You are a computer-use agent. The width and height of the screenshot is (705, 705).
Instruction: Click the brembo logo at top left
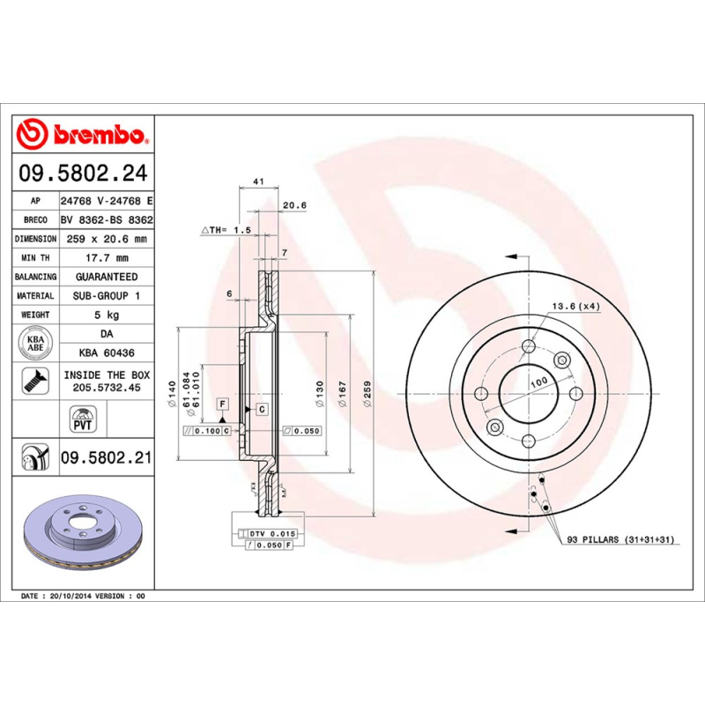tap(84, 135)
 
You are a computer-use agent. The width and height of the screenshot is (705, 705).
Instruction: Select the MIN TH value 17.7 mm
tap(107, 257)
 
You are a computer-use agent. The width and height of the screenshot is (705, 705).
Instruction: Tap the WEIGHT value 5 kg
tap(107, 314)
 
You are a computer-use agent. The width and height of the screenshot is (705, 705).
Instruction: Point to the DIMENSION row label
tap(36, 239)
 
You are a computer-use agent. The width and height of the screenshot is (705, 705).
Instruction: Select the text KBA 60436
tap(106, 352)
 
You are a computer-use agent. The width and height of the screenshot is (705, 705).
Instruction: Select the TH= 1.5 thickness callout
tap(227, 229)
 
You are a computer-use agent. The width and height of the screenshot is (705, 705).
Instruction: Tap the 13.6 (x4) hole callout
tap(575, 306)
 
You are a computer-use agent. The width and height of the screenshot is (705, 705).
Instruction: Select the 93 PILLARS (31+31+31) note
tap(620, 539)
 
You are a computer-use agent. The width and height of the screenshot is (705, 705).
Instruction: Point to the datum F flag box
tap(223, 404)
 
